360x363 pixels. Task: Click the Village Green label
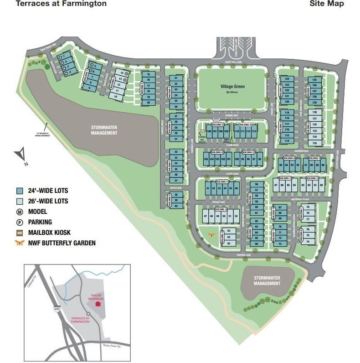click(232, 86)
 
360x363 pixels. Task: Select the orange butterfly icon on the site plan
click(211, 234)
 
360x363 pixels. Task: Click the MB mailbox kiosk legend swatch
click(20, 233)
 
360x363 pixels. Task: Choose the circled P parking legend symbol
click(20, 222)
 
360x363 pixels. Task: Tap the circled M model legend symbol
click(20, 212)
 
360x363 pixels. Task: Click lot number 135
click(314, 143)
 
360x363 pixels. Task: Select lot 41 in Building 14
click(208, 188)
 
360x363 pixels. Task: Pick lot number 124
click(287, 79)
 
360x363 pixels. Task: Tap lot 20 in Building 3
click(149, 103)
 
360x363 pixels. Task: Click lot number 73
click(280, 244)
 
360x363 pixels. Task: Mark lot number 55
click(229, 244)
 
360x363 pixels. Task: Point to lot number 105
click(206, 159)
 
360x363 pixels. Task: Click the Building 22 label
click(217, 152)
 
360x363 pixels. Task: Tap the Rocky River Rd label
click(111, 346)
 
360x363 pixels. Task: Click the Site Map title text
click(326, 4)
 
